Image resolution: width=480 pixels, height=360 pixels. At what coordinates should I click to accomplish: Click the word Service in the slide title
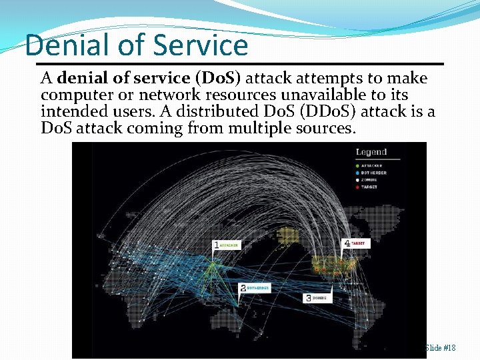pyautogui.click(x=200, y=45)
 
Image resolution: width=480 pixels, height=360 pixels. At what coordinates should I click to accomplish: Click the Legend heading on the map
pyautogui.click(x=371, y=152)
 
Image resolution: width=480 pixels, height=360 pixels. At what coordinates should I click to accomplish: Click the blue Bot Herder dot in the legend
pyautogui.click(x=358, y=172)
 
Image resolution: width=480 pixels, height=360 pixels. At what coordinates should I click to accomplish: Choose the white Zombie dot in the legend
pyautogui.click(x=358, y=179)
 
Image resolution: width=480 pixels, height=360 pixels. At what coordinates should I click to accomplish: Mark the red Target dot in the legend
pyautogui.click(x=358, y=187)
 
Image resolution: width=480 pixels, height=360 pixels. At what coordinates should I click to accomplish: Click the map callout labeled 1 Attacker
pyautogui.click(x=225, y=245)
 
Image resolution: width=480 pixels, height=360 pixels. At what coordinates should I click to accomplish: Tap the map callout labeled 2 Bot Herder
pyautogui.click(x=253, y=288)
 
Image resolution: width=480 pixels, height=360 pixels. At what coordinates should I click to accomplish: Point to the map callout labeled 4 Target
pyautogui.click(x=356, y=244)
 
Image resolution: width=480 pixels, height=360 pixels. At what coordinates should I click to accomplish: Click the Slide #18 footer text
pyautogui.click(x=440, y=348)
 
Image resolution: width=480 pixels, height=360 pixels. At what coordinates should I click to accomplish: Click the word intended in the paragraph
pyautogui.click(x=68, y=111)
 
